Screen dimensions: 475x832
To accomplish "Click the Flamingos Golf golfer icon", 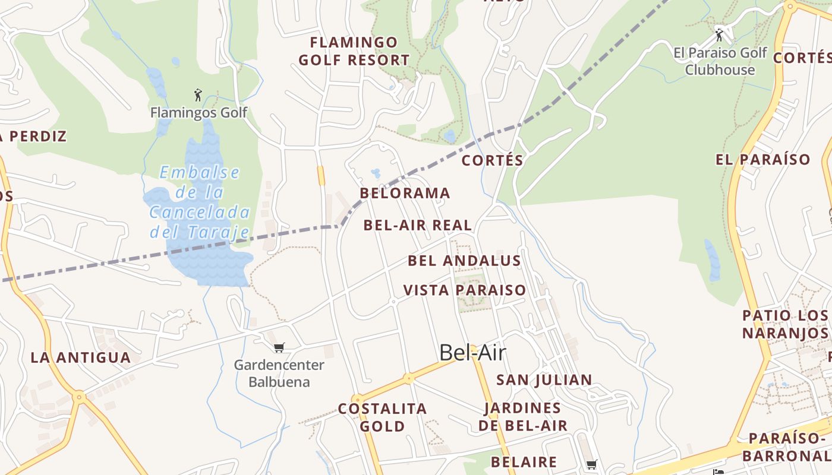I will point(198,95).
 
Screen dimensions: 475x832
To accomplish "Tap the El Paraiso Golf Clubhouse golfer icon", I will point(719,35).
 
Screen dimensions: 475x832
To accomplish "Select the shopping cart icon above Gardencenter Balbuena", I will point(279,347).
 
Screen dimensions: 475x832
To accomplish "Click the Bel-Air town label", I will point(472,353).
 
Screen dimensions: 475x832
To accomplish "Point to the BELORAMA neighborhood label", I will point(405,194).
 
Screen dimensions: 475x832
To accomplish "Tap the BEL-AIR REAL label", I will point(417,226).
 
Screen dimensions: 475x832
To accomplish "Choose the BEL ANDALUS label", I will point(464,261).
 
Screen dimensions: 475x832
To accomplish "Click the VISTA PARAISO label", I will point(465,290).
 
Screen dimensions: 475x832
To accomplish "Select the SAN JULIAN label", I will point(544,380).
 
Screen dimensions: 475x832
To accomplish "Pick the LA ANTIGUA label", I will point(80,358).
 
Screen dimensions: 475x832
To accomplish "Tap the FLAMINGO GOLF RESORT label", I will point(354,51).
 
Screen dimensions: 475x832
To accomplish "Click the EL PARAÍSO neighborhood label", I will point(762,160).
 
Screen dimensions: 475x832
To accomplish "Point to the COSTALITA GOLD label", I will point(382,417).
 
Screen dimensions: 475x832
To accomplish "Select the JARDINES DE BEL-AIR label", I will point(523,417).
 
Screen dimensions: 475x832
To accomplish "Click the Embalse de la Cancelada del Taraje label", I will point(200,202).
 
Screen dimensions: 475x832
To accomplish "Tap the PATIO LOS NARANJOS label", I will point(784,324).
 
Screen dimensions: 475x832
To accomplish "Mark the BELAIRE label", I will point(524,462).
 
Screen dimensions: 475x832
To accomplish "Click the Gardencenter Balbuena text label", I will point(279,373).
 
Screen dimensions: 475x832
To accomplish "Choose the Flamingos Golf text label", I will point(198,113).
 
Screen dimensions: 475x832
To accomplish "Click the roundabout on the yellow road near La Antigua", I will point(78,397).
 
